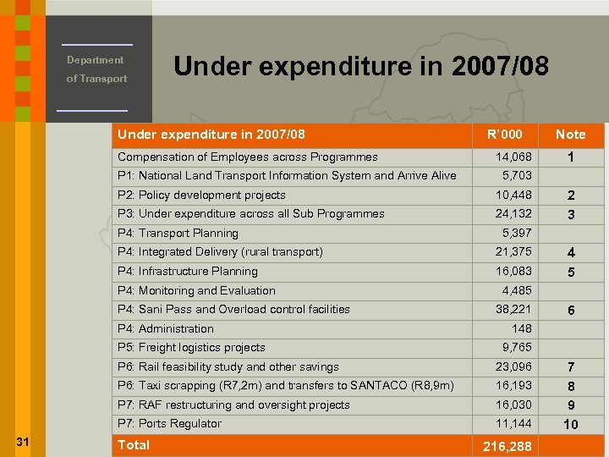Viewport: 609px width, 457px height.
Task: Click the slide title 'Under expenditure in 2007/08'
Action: coord(361,65)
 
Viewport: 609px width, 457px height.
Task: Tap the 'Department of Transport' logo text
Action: coord(96,69)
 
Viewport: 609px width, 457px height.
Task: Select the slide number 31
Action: coord(24,441)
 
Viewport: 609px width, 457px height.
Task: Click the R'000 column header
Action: coord(505,135)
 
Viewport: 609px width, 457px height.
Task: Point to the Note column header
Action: coord(570,135)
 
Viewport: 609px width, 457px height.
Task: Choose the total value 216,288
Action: coord(507,446)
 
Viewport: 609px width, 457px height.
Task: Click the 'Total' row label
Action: coord(134,445)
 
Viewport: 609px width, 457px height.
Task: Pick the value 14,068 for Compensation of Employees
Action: coord(513,157)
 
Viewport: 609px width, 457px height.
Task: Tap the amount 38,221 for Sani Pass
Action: coord(513,310)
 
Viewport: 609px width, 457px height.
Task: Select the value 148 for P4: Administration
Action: coord(522,328)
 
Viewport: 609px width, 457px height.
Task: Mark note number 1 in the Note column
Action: coord(571,158)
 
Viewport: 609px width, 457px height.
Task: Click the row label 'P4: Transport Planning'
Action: coord(178,234)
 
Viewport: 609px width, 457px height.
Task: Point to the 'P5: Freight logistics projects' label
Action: coord(191,348)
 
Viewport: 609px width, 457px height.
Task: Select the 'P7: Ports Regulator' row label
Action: coord(169,424)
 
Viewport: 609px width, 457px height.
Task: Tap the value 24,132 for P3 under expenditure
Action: coord(513,214)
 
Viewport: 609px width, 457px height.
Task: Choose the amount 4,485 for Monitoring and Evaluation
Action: coord(517,290)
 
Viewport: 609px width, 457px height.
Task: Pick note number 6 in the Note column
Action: coord(571,311)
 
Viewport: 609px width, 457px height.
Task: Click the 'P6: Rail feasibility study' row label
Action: coord(228,367)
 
